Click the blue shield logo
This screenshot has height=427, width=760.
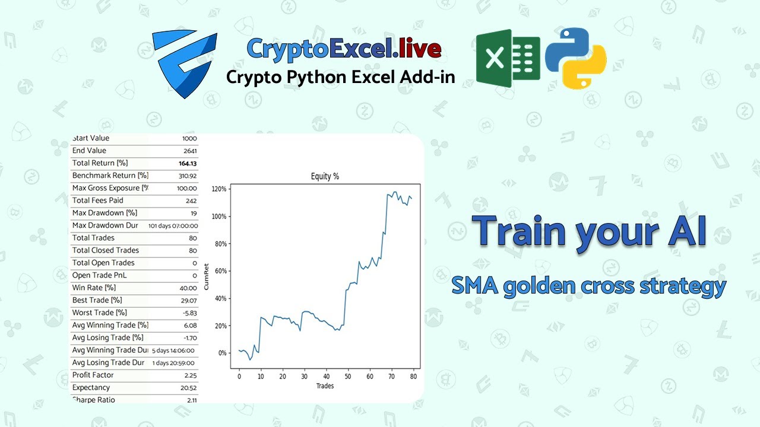pos(185,63)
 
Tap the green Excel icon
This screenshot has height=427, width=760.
pos(508,59)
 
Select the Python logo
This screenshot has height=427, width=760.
pos(575,58)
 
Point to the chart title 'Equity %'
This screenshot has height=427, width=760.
pos(325,176)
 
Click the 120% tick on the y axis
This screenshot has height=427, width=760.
pos(219,189)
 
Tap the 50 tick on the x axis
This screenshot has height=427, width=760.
pos(348,376)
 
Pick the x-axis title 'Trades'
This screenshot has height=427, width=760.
pos(325,386)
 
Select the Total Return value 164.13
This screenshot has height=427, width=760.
pos(188,163)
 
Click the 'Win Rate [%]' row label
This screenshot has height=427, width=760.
pos(94,288)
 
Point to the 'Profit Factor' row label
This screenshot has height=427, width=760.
pos(93,375)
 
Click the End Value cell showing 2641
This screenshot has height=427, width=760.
pos(189,151)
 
